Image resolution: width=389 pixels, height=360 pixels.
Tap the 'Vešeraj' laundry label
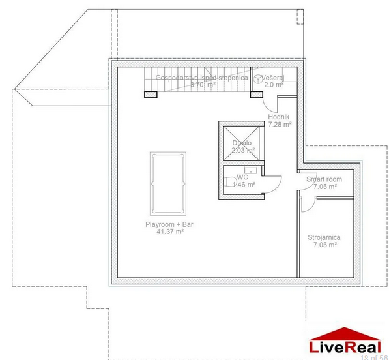click(274, 77)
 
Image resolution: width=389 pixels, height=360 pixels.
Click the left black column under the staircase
click(151, 94)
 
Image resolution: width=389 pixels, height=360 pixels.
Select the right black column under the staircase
click(255, 94)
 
